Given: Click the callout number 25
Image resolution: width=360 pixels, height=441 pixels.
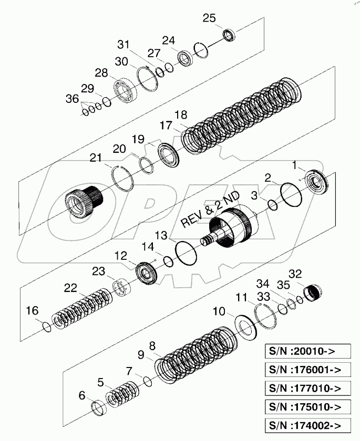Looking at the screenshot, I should [209, 18].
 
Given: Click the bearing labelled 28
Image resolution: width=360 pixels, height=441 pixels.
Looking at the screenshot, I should [125, 92].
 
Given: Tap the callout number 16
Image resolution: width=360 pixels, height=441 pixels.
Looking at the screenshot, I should [33, 311].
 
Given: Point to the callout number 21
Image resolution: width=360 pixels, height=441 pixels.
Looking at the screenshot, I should [96, 158].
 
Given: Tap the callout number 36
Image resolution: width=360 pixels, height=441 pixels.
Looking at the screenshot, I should [71, 99].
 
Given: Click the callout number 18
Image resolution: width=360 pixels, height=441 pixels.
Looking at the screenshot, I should [180, 114].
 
